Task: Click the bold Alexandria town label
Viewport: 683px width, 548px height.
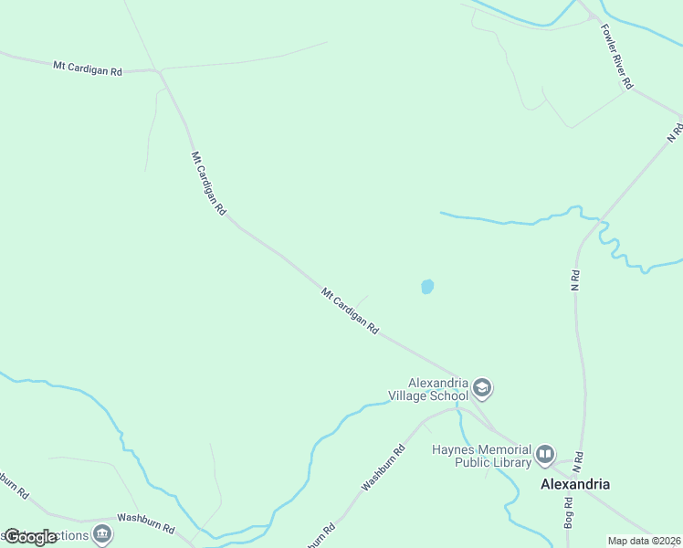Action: (575, 484)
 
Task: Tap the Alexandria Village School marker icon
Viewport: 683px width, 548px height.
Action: (482, 390)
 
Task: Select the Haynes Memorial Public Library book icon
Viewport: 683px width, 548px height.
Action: (545, 454)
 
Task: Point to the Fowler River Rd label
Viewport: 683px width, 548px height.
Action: (616, 57)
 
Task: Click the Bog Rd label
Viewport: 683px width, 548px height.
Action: (569, 515)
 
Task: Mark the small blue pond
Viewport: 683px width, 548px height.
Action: (426, 287)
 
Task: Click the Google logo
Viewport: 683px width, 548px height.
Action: (30, 537)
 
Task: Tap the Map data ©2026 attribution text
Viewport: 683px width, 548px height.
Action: (644, 541)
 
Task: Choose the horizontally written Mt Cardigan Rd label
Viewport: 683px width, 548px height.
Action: (88, 68)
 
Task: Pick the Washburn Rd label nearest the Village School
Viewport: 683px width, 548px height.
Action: (384, 469)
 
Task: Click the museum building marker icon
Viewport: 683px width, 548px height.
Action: (102, 533)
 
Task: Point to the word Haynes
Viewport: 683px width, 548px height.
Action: (451, 449)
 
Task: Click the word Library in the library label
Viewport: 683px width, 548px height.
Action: (512, 462)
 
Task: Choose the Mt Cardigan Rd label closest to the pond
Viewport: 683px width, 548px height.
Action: (350, 311)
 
